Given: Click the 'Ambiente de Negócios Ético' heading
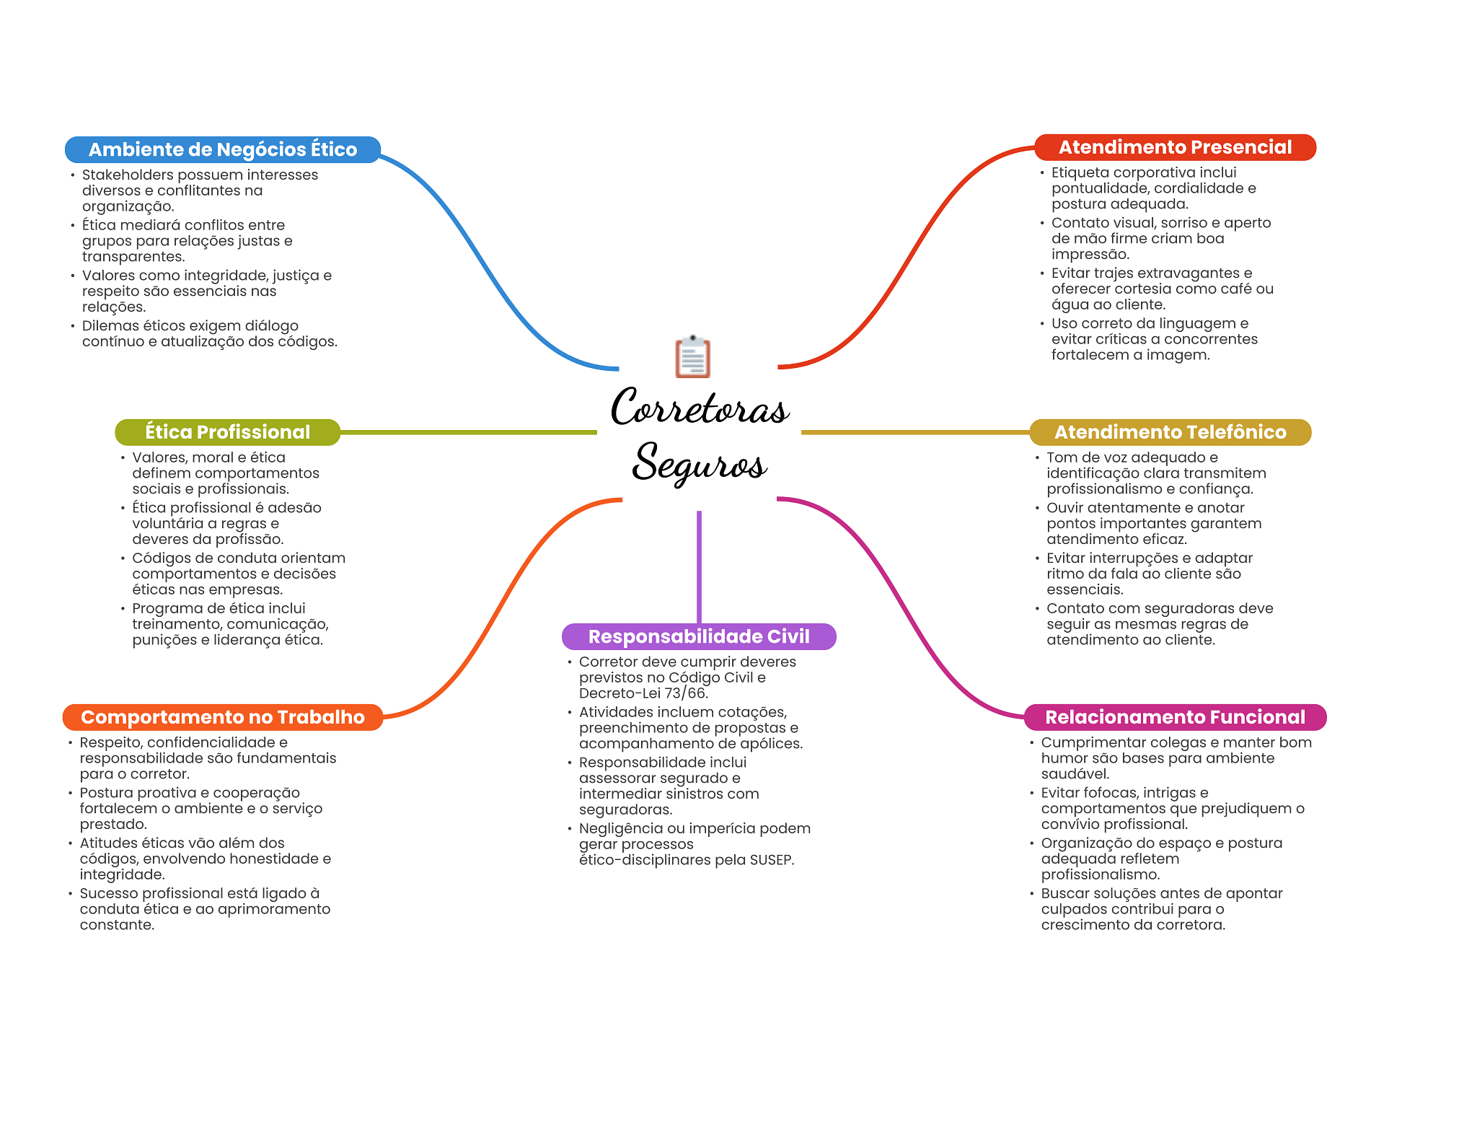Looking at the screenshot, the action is click(x=223, y=149).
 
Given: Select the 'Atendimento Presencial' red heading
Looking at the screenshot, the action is click(x=1175, y=147).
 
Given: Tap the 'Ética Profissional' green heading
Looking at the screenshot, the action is click(x=227, y=432).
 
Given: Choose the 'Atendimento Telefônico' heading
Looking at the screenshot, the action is click(x=1170, y=432).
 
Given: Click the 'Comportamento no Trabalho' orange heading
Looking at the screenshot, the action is click(x=223, y=717).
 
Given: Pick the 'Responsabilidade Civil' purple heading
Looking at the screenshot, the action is click(x=699, y=636).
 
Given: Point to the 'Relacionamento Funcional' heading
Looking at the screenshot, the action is click(x=1175, y=717).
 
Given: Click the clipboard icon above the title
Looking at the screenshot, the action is click(x=693, y=356).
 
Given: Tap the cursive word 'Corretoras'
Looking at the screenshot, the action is click(x=700, y=408).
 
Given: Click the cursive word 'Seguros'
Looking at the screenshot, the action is click(x=700, y=462).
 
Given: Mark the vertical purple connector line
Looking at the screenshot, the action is click(x=699, y=567).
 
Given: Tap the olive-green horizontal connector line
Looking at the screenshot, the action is click(x=469, y=432).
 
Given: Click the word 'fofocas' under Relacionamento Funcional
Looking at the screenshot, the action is click(x=1120, y=793).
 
